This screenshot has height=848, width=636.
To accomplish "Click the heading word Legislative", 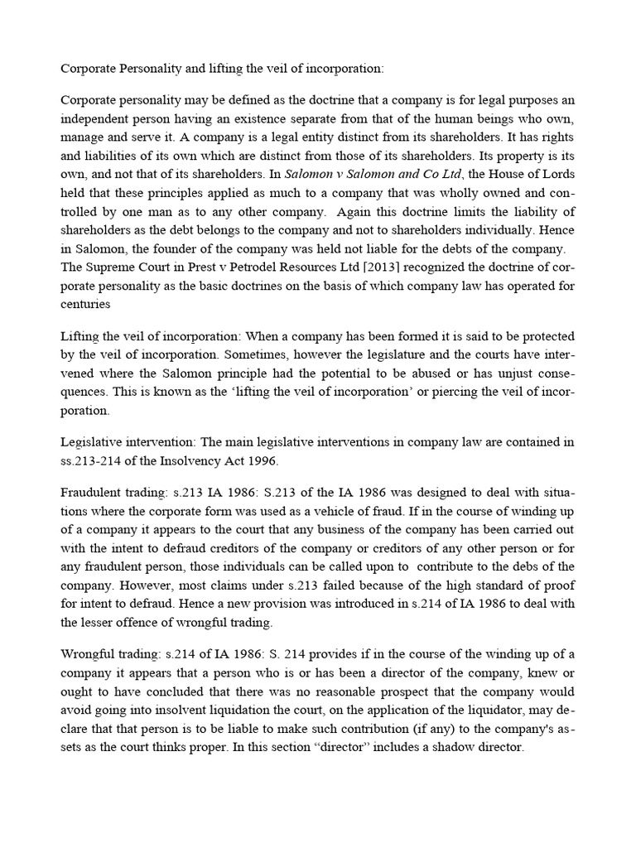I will pos(93,443).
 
